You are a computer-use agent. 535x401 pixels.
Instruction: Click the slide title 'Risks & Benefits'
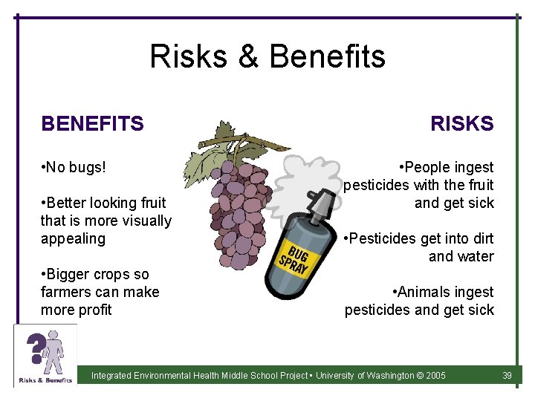point(267,56)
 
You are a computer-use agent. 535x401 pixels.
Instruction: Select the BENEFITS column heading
point(92,124)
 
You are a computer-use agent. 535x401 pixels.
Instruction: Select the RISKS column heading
point(461,124)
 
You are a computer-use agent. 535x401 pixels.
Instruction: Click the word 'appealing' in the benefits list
point(73,238)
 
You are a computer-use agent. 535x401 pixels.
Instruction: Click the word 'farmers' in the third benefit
point(67,292)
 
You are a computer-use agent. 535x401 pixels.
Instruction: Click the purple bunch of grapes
point(238,200)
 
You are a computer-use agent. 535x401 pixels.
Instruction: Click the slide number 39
point(507,376)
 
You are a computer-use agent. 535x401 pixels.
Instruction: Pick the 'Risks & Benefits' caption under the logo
point(45,379)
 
